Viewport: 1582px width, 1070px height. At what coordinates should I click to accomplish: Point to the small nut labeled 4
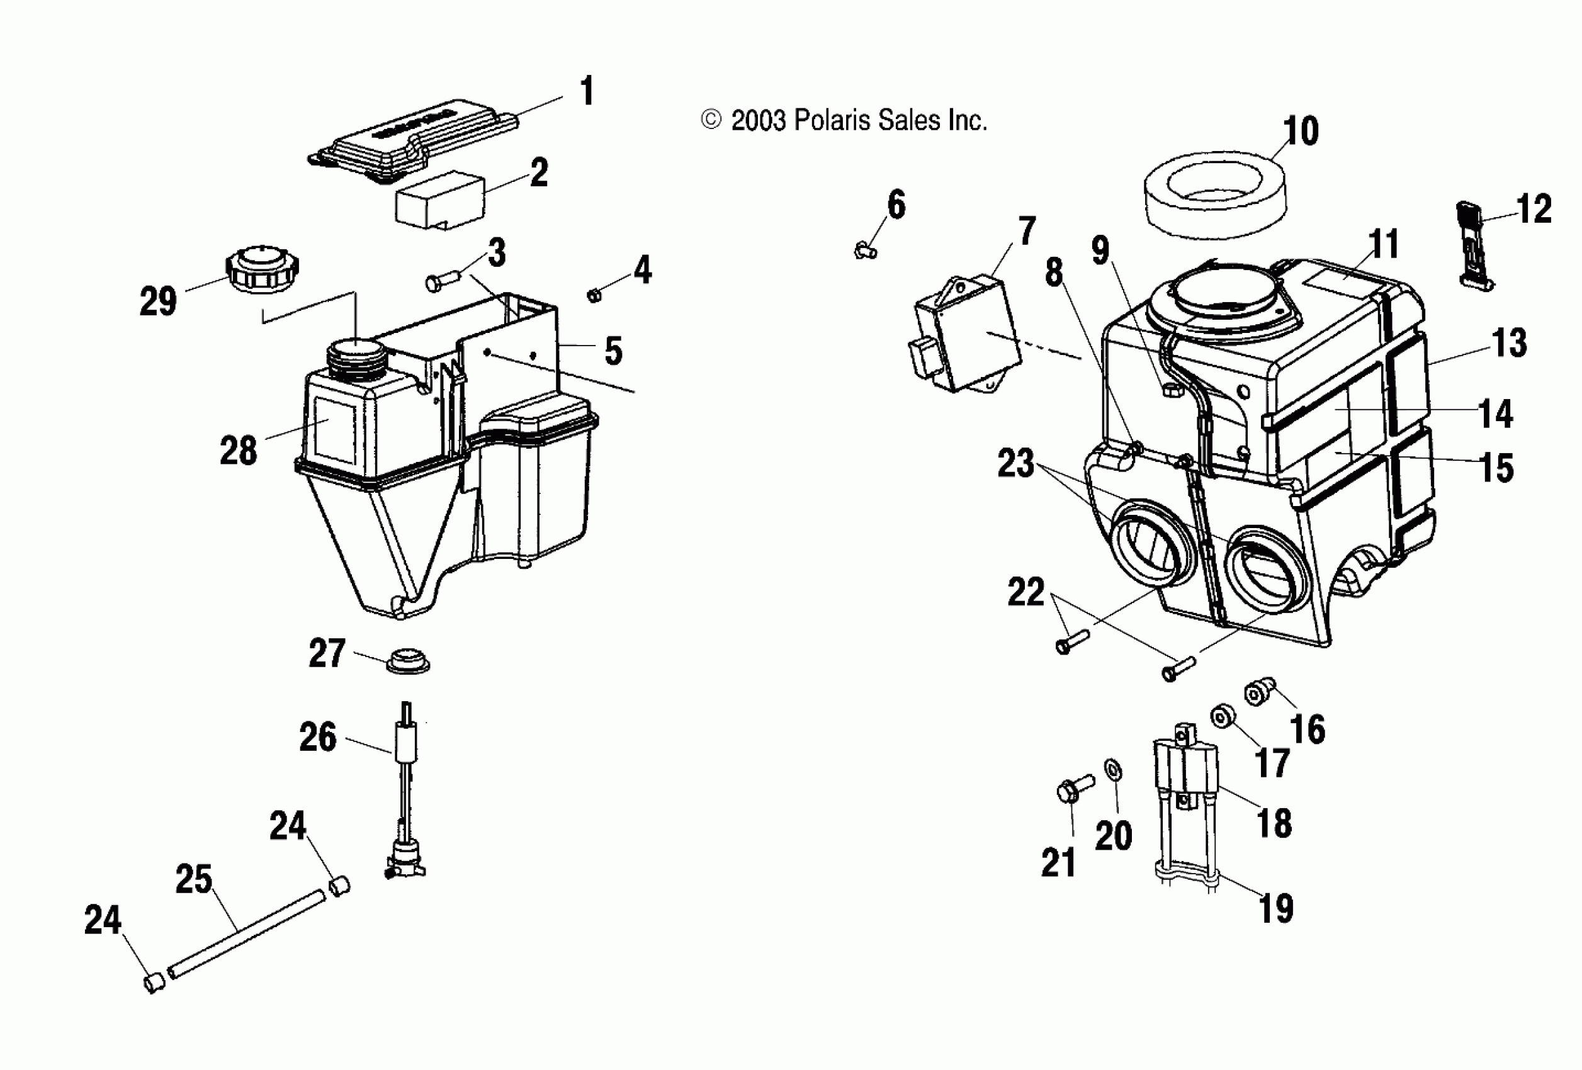(x=594, y=295)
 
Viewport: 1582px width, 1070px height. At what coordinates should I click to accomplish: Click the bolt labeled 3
(x=444, y=281)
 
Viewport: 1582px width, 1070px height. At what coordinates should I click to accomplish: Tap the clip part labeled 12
(x=1475, y=252)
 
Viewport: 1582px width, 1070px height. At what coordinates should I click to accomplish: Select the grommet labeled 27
(x=408, y=660)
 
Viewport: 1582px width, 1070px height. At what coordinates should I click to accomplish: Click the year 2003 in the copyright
(x=758, y=120)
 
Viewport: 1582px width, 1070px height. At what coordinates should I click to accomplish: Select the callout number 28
(x=238, y=451)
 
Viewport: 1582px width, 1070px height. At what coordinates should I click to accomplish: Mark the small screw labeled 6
(x=864, y=251)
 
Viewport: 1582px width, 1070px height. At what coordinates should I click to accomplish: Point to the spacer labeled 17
(x=1223, y=717)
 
